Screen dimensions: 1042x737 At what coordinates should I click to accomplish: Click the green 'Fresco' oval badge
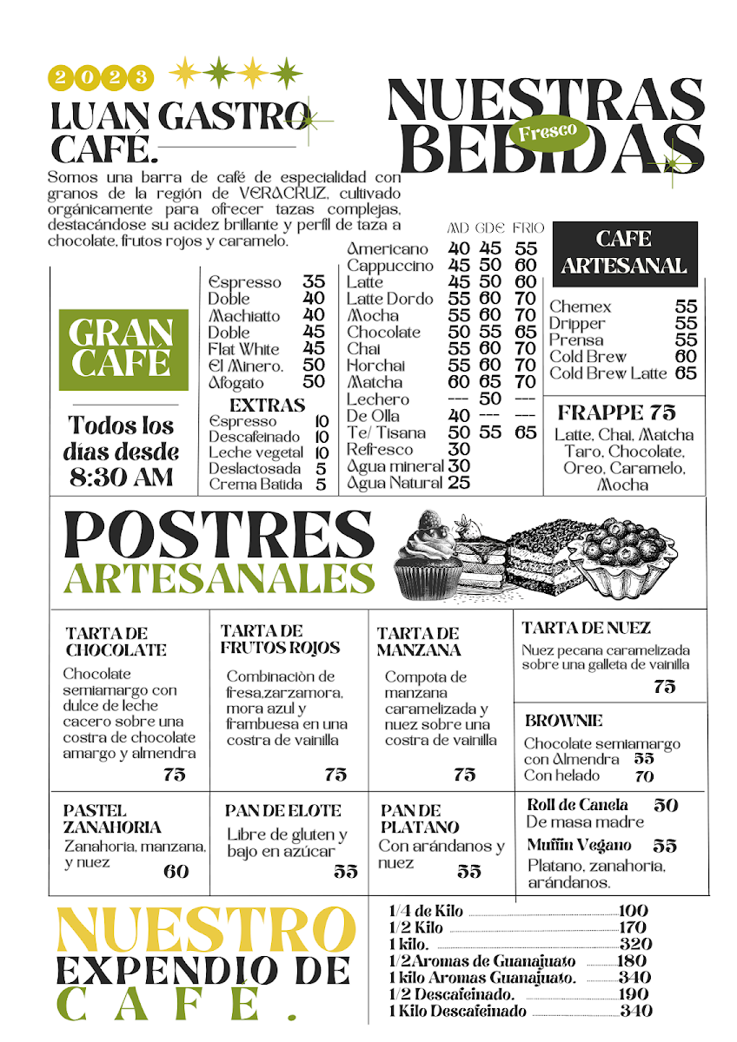pyautogui.click(x=548, y=132)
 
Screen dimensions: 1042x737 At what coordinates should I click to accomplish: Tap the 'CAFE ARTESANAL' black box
pyautogui.click(x=625, y=253)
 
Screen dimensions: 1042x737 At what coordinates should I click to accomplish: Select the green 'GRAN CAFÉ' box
pyautogui.click(x=123, y=348)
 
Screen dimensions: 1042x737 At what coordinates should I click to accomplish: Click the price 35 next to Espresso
pyautogui.click(x=314, y=282)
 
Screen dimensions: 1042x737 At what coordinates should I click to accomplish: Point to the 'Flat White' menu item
pyautogui.click(x=244, y=349)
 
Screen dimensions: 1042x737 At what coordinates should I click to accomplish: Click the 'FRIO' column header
pyautogui.click(x=528, y=228)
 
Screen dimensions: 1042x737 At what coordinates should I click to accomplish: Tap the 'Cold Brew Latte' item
pyautogui.click(x=608, y=373)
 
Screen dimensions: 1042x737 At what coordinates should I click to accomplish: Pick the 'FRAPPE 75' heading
pyautogui.click(x=617, y=412)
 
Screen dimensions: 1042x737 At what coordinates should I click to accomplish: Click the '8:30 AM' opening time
pyautogui.click(x=123, y=477)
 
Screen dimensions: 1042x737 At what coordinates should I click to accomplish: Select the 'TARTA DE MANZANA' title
pyautogui.click(x=419, y=642)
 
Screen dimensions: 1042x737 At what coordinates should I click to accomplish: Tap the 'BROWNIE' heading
pyautogui.click(x=563, y=721)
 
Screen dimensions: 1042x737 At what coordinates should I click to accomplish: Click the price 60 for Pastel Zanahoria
pyautogui.click(x=176, y=871)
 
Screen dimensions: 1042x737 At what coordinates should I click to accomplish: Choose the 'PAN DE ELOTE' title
pyautogui.click(x=283, y=811)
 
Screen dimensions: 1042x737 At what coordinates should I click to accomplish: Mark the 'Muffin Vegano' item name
pyautogui.click(x=579, y=845)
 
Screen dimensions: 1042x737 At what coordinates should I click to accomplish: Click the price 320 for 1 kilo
pyautogui.click(x=635, y=944)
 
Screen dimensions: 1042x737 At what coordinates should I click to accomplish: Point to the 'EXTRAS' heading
pyautogui.click(x=267, y=406)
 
